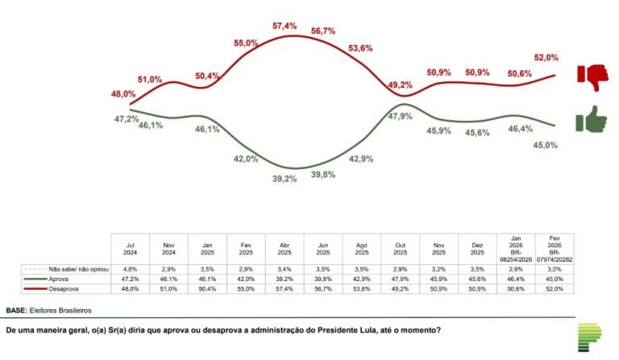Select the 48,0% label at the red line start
(x=123, y=94)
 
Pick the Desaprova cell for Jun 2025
(x=323, y=288)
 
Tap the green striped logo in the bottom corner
(x=590, y=337)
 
